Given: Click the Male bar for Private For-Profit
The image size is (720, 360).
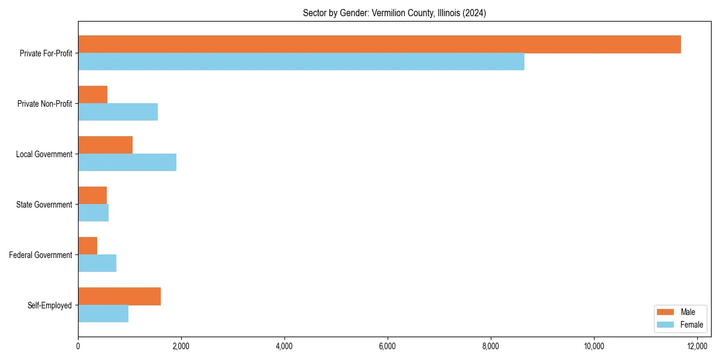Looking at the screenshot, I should point(379,44).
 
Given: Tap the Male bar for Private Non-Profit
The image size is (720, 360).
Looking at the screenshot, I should point(92,95).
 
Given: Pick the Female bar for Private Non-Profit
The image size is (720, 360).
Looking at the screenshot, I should point(118,112).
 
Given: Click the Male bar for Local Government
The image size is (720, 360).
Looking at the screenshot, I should point(105,145).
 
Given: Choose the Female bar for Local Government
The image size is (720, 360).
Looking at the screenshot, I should point(127,162).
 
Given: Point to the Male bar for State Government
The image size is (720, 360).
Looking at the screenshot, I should point(92,196).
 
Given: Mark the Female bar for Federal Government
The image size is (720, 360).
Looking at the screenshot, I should point(97,263).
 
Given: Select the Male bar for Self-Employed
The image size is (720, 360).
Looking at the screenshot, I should point(119,296).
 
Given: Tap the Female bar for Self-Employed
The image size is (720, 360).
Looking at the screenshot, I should point(103,313).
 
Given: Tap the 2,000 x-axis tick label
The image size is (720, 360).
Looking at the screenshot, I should point(181,346).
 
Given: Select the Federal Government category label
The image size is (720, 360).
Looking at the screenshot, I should point(41,255).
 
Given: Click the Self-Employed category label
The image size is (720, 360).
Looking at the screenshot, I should point(50,305).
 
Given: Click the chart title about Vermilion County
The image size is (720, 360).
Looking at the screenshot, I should point(394,13).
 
